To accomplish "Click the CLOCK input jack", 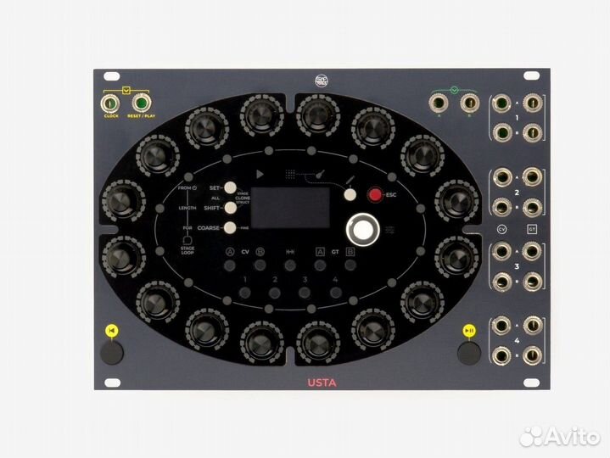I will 110,106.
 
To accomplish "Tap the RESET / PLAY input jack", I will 140,106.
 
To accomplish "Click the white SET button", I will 229,188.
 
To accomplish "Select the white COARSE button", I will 229,227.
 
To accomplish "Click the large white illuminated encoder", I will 364,229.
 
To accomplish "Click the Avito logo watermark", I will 560,436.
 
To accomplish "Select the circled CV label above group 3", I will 501,230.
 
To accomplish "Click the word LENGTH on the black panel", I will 187,207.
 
